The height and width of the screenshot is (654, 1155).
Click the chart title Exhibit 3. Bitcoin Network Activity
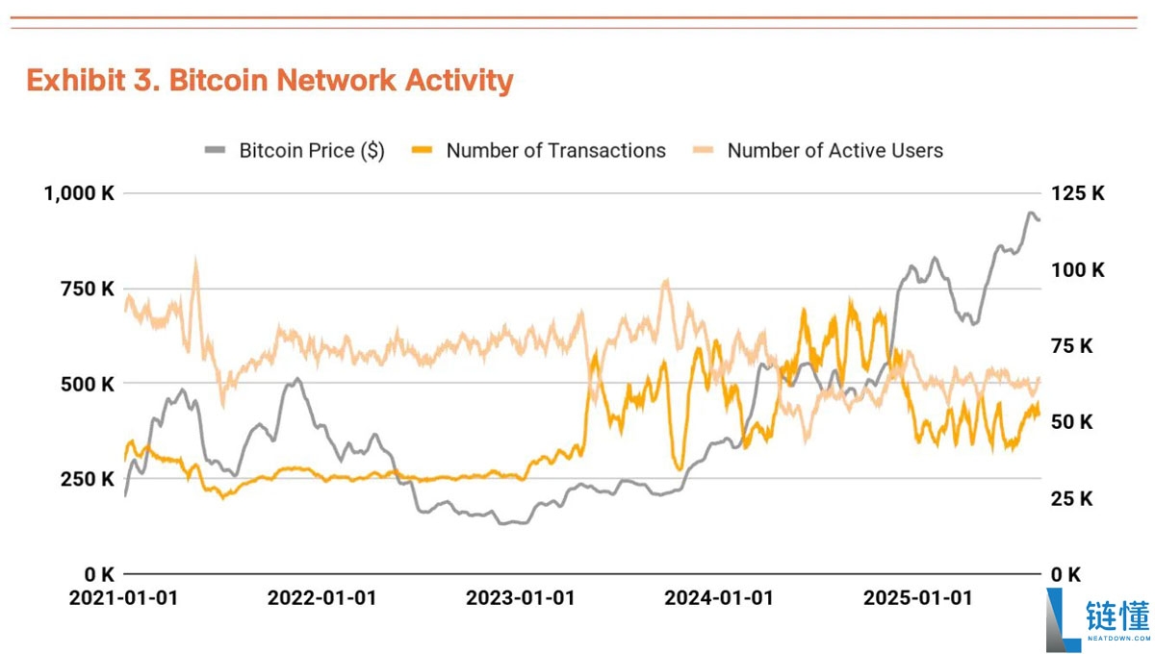tap(269, 81)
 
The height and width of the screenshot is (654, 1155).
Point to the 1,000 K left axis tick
tap(79, 193)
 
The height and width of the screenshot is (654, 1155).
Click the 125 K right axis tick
tap(1078, 193)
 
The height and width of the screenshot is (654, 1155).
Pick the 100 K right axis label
tap(1078, 269)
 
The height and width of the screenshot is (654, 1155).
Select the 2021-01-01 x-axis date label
tap(123, 598)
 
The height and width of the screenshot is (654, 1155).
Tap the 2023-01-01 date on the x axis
tap(520, 598)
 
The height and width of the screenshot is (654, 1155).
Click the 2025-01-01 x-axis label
tap(917, 598)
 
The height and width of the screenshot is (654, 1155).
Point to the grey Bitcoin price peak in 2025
tap(1031, 214)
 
